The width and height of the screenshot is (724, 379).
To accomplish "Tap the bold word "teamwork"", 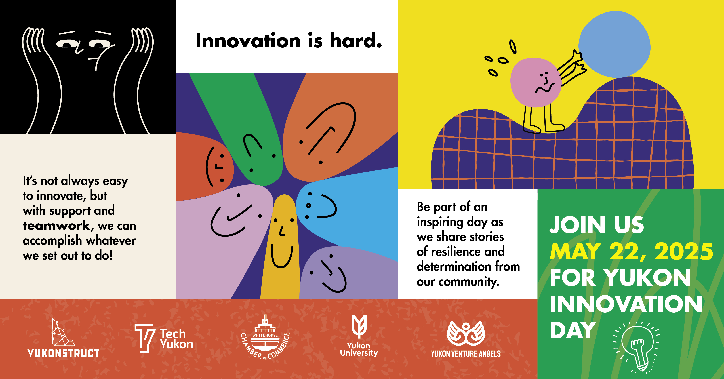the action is (x=56, y=226).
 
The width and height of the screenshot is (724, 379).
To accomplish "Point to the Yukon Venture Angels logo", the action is (x=466, y=339).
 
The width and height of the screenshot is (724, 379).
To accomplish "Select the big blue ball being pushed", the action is (x=614, y=44).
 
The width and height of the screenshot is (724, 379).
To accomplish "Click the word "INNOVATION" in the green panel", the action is (x=626, y=304).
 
